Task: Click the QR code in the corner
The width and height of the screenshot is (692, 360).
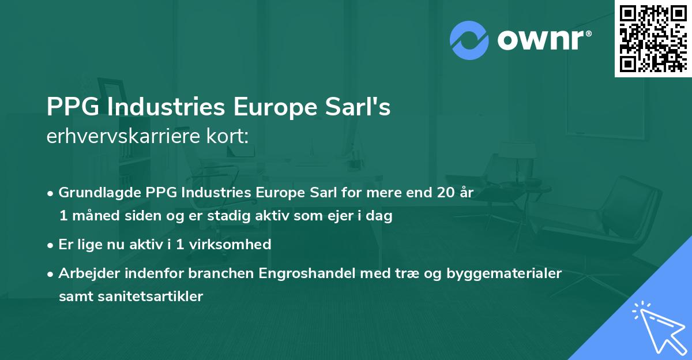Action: point(653,39)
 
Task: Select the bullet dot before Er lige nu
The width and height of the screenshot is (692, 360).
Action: point(51,245)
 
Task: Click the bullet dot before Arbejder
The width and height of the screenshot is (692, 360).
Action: point(51,273)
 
